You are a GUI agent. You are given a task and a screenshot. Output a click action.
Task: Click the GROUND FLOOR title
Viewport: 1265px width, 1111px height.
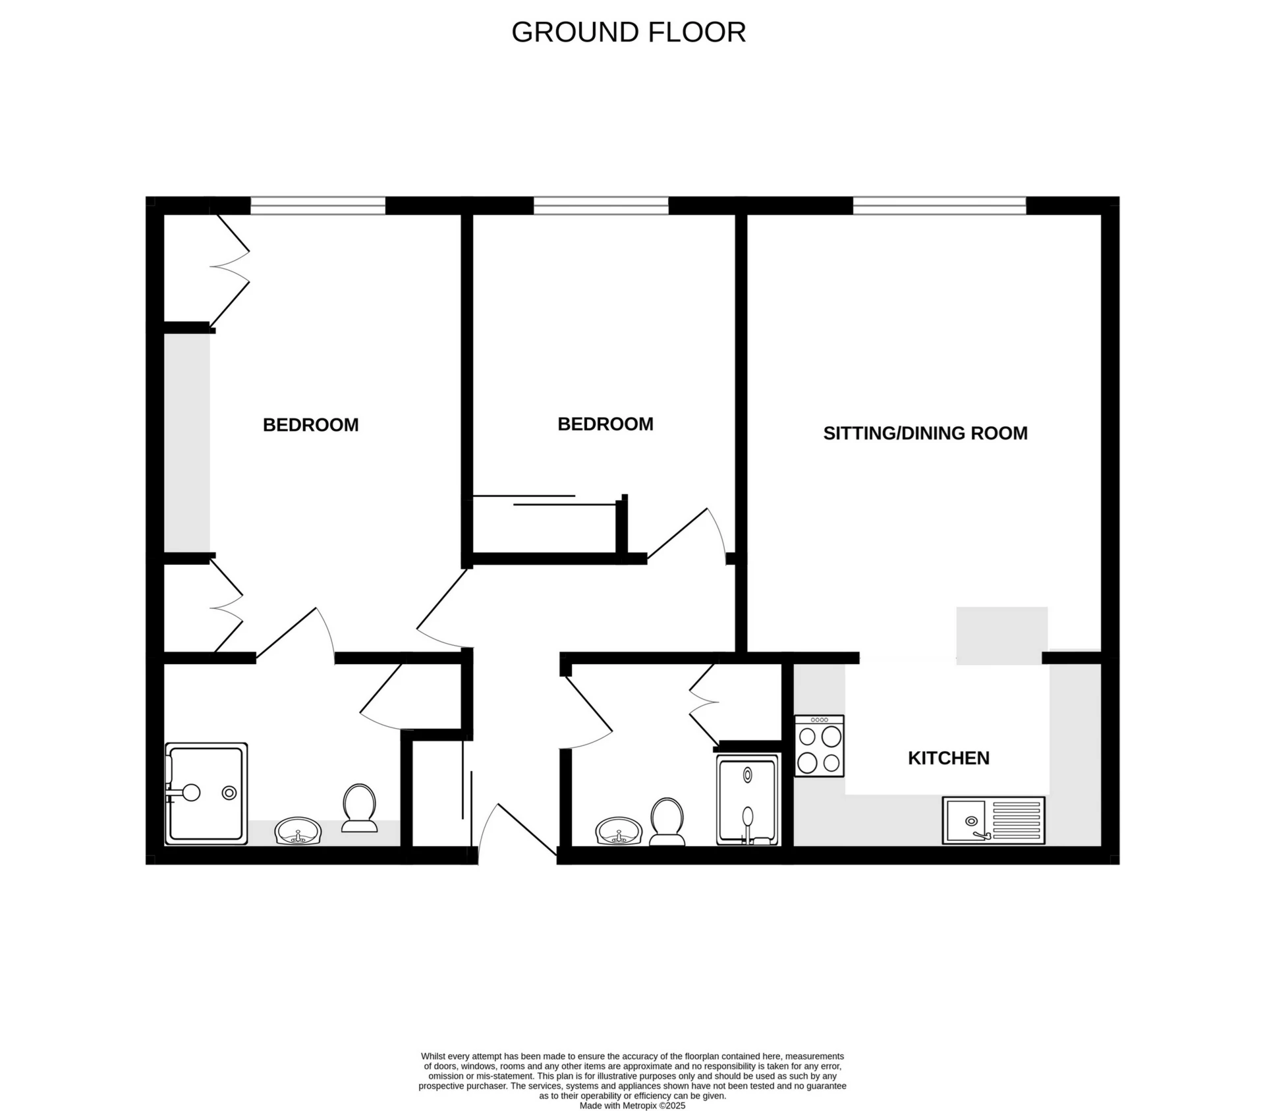click(628, 32)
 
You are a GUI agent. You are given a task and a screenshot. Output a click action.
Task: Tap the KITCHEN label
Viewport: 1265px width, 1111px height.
click(948, 758)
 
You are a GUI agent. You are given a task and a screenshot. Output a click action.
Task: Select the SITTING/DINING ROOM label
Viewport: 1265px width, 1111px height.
click(925, 433)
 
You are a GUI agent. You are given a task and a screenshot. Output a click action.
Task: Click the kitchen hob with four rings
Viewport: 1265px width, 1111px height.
click(819, 746)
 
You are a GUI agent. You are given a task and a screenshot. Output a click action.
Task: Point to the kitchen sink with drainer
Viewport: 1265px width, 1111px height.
click(994, 820)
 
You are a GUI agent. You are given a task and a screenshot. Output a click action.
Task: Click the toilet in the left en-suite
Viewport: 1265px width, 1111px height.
click(359, 808)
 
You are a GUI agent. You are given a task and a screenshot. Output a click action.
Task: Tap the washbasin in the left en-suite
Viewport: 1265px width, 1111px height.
click(298, 832)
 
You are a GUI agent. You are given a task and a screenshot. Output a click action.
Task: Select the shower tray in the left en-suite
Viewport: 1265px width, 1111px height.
click(206, 793)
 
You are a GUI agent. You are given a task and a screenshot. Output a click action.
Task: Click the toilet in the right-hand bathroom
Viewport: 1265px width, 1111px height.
click(667, 822)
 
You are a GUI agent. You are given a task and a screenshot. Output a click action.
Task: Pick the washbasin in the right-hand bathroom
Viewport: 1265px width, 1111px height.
click(619, 832)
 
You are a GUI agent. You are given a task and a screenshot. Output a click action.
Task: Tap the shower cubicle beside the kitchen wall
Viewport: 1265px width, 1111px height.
click(748, 799)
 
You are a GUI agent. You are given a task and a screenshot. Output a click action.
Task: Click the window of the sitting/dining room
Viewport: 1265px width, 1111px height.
click(939, 206)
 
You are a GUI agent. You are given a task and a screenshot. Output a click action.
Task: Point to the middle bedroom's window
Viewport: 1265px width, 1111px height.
click(601, 206)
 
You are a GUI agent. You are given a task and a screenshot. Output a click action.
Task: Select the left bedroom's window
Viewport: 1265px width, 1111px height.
click(318, 206)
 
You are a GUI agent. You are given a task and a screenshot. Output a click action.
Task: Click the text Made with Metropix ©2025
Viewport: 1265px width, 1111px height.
click(632, 1106)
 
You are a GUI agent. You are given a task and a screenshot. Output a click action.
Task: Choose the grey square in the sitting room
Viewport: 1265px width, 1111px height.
click(1001, 635)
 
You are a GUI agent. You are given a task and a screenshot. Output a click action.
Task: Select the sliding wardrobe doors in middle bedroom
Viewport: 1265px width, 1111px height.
click(544, 500)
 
